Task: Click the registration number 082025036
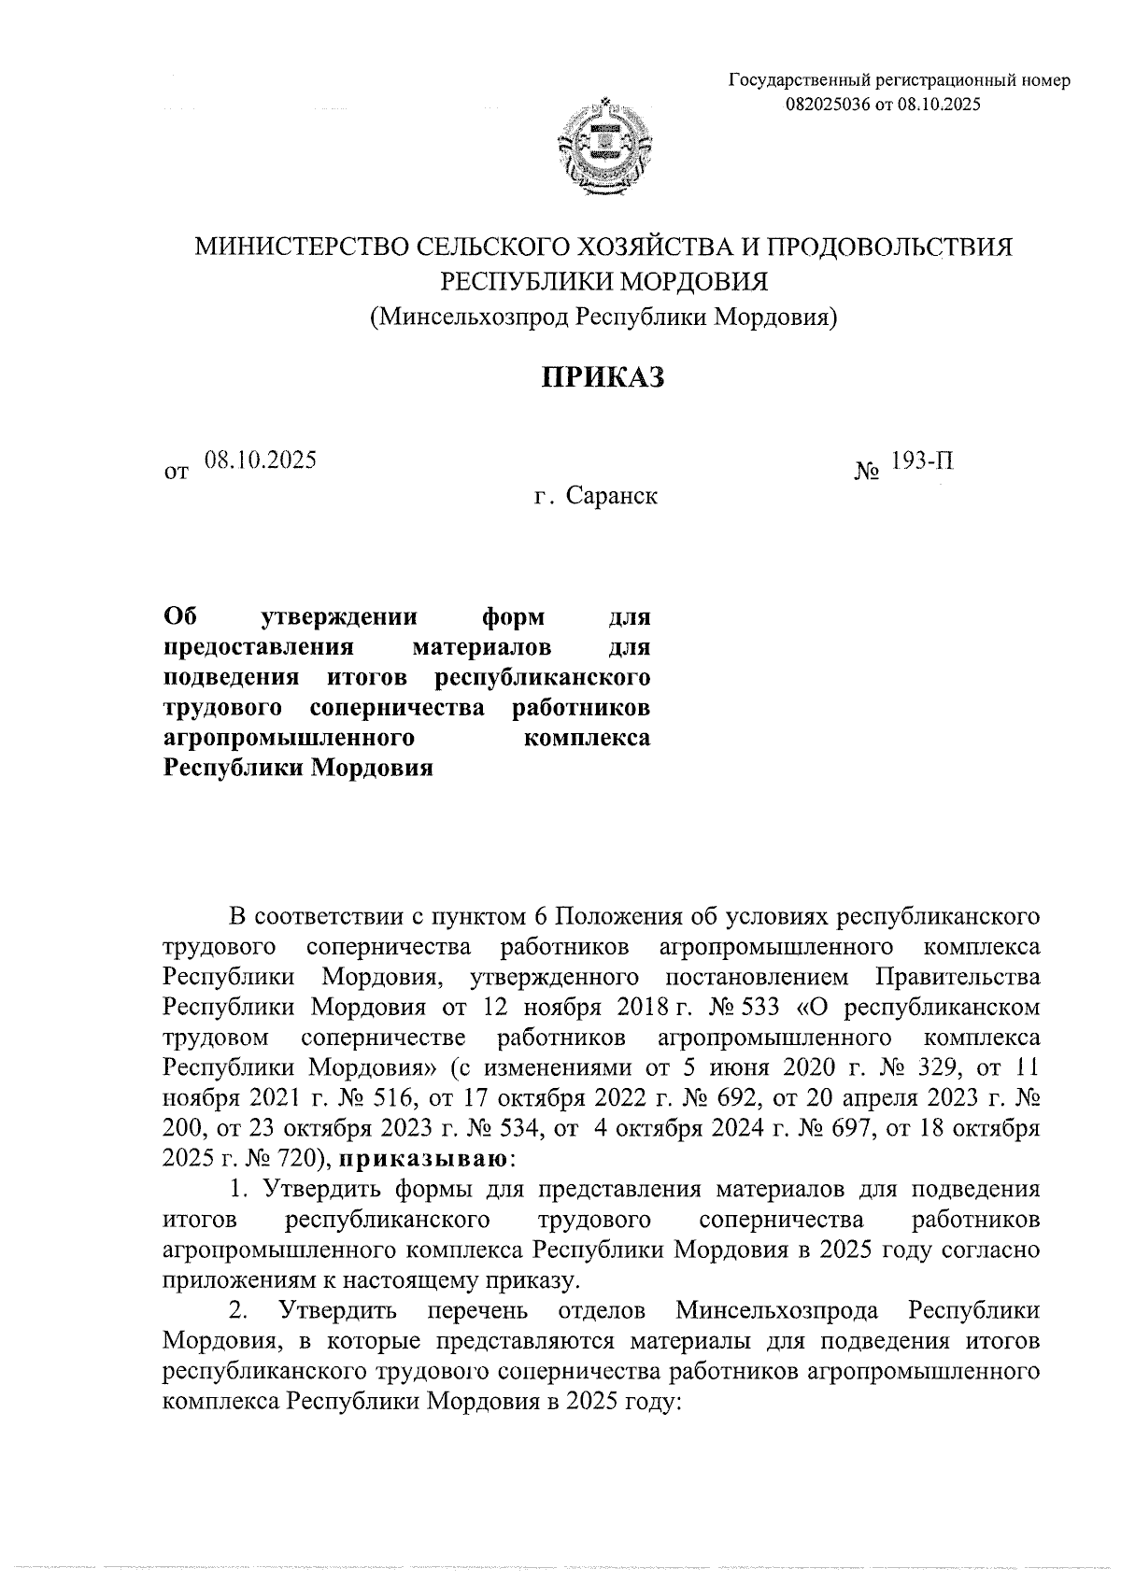click(x=828, y=105)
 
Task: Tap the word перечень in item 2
click(x=478, y=1310)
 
